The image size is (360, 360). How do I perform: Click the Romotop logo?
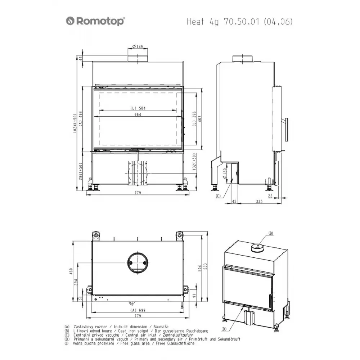click(x=95, y=21)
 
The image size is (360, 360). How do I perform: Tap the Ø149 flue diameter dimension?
click(x=138, y=46)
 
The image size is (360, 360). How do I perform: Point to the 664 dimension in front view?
click(x=138, y=114)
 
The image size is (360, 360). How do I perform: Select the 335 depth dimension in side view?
click(x=259, y=202)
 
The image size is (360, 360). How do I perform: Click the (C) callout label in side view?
click(x=218, y=196)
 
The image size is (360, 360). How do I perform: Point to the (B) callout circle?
click(x=271, y=233)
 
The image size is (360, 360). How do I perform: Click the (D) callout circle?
click(x=224, y=329)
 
